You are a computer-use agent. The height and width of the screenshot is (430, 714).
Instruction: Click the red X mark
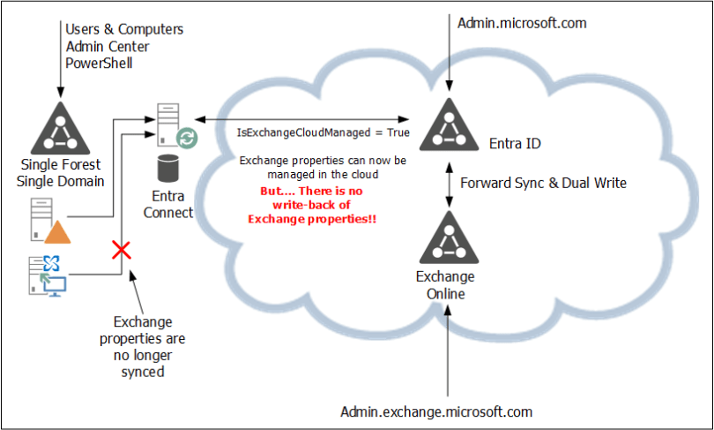122,252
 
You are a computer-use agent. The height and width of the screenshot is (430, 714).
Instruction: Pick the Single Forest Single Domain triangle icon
60,129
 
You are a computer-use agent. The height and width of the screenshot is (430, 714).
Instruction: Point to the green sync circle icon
187,138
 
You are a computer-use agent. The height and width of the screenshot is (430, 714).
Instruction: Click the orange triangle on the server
56,231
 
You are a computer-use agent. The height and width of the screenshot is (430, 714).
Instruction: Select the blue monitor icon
54,284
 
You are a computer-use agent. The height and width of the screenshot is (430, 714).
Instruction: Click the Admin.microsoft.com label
522,23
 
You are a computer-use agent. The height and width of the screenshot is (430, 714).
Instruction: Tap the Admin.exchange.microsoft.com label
436,411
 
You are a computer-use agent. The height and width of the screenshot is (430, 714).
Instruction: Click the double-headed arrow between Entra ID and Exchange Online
450,184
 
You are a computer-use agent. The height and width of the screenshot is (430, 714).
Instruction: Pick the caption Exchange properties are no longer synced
143,346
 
